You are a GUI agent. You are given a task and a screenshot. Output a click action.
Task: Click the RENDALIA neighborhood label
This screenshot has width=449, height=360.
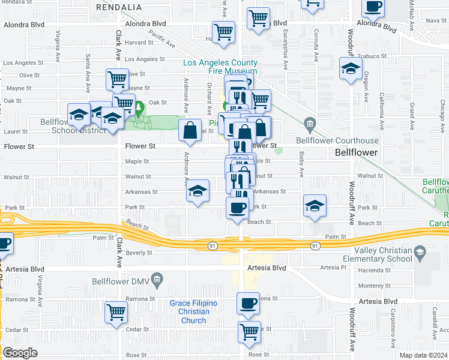119,7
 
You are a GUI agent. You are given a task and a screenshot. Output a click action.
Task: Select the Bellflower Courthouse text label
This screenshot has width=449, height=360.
348,140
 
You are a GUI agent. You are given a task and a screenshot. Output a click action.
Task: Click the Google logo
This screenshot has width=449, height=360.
19,353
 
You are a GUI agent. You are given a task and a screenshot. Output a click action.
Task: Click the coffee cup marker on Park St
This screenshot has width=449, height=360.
236,208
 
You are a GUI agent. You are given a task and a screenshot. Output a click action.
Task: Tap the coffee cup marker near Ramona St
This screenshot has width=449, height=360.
248,302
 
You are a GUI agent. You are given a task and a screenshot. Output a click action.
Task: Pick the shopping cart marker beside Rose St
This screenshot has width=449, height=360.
249,331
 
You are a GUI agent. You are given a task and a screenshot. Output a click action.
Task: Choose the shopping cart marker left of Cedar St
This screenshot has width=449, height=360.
116,311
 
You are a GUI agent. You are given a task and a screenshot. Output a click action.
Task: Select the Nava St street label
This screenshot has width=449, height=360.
432,20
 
